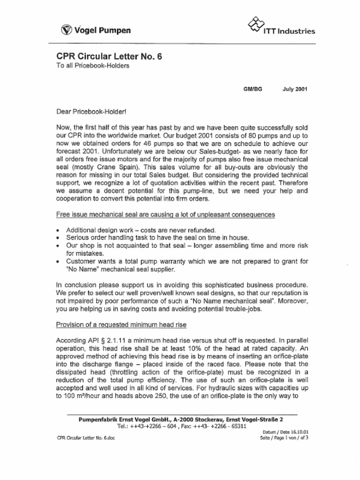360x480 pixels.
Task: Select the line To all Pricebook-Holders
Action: [x=93, y=66]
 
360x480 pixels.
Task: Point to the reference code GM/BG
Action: [x=253, y=88]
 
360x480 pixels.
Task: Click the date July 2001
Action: [x=295, y=88]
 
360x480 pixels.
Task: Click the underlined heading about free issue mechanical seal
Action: [x=165, y=214]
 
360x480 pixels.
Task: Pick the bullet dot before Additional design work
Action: [x=58, y=231]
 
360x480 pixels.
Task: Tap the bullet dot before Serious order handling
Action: [x=58, y=238]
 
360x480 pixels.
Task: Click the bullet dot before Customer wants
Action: [x=58, y=262]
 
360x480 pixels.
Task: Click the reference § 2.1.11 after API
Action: [x=106, y=340]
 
